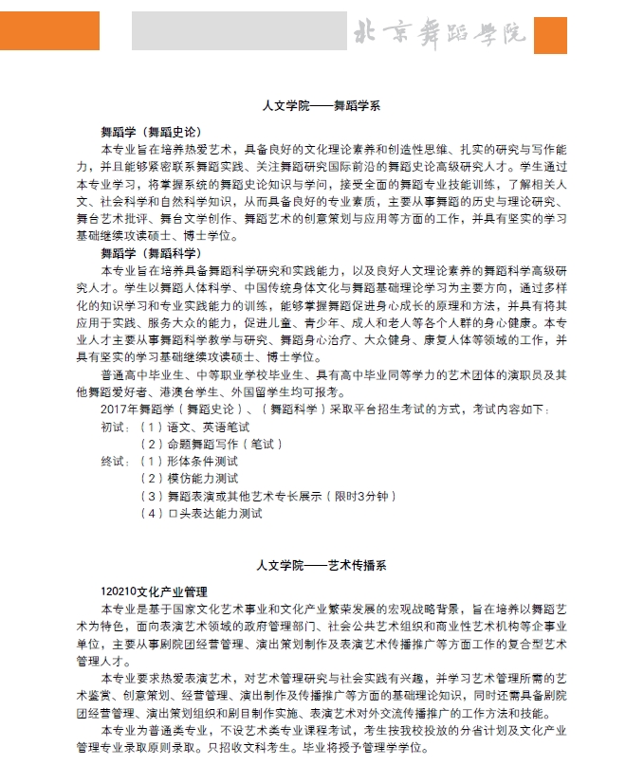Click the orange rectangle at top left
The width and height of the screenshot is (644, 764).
(49, 30)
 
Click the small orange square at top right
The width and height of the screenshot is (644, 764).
(550, 35)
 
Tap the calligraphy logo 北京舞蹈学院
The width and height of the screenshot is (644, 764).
(439, 34)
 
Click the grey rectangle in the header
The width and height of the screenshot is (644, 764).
(239, 31)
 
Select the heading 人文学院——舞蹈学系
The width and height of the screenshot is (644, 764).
(322, 106)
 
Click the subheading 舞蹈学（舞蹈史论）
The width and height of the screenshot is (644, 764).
(151, 132)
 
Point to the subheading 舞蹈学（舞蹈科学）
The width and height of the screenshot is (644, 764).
(151, 253)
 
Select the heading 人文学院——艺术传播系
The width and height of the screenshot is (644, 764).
(322, 566)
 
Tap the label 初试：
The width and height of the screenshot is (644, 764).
(117, 427)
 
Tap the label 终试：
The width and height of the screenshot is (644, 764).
(117, 462)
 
